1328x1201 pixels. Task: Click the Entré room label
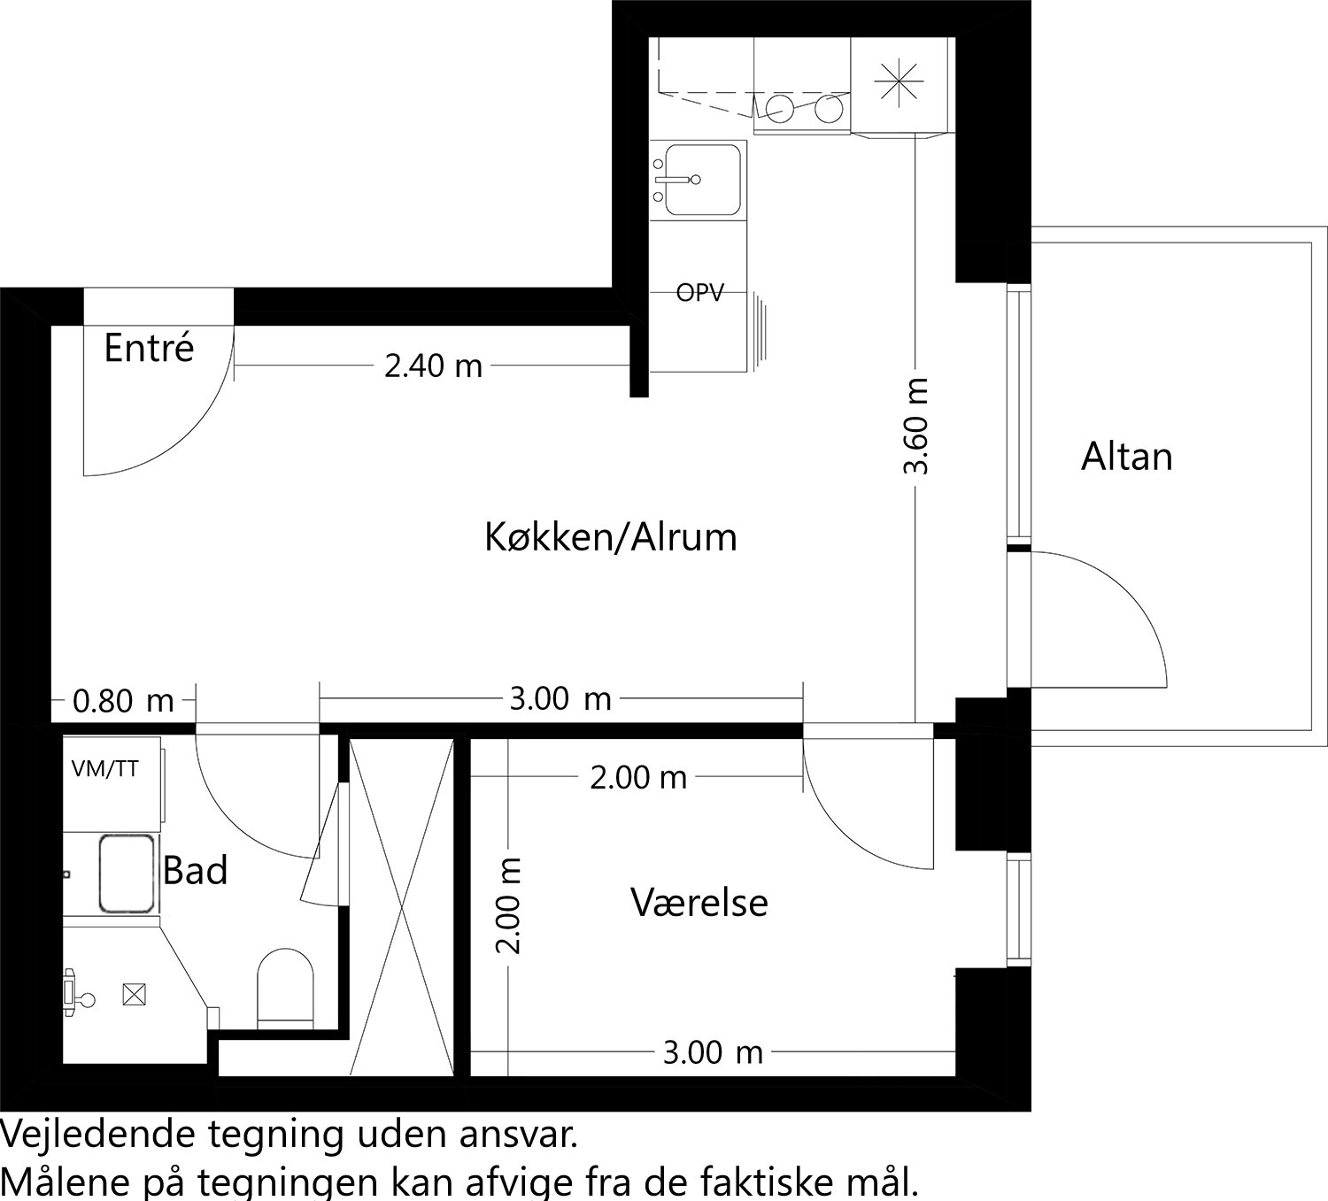(x=149, y=348)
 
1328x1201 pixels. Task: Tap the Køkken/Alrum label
(x=610, y=537)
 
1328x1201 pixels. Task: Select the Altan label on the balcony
(x=1126, y=457)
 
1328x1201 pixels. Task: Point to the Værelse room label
(x=699, y=903)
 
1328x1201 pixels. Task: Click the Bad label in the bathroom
(x=196, y=871)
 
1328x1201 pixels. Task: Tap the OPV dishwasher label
(x=699, y=293)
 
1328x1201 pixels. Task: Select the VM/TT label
(x=104, y=769)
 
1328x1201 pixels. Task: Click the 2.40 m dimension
(x=433, y=366)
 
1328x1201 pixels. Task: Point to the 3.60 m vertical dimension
(x=917, y=426)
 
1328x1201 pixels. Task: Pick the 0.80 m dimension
(x=123, y=702)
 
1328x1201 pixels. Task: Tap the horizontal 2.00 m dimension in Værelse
(x=638, y=778)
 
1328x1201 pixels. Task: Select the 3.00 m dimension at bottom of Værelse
(x=713, y=1052)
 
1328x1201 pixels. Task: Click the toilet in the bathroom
(x=285, y=986)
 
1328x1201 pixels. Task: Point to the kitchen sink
(x=702, y=179)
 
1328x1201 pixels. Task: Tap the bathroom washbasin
(x=127, y=874)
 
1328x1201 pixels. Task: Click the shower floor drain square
(x=133, y=996)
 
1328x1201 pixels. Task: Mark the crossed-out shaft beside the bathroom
(x=402, y=907)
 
